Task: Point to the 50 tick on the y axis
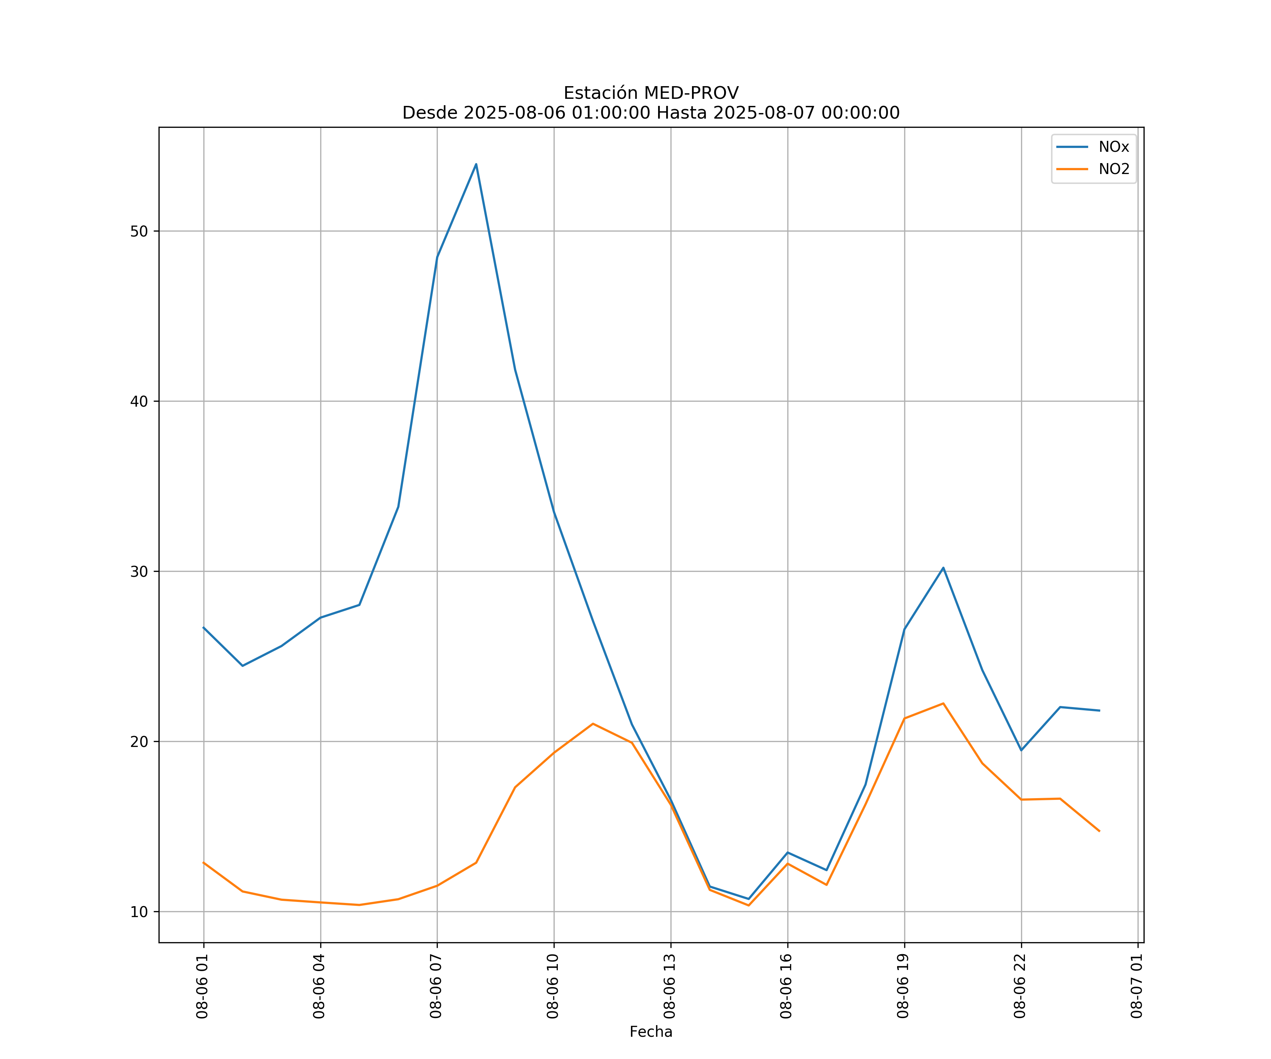(x=139, y=231)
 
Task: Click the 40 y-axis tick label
(x=139, y=401)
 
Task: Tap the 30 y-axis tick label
(x=139, y=571)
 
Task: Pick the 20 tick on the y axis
(x=139, y=741)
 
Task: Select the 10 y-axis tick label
(x=139, y=912)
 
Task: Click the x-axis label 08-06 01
(x=202, y=986)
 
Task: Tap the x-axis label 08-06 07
(x=436, y=986)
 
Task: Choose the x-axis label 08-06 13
(x=669, y=986)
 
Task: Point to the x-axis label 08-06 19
(x=903, y=986)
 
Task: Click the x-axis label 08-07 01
(x=1136, y=986)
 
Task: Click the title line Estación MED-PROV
(x=651, y=93)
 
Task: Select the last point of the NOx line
(x=1099, y=711)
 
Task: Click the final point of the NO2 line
(x=1099, y=831)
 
